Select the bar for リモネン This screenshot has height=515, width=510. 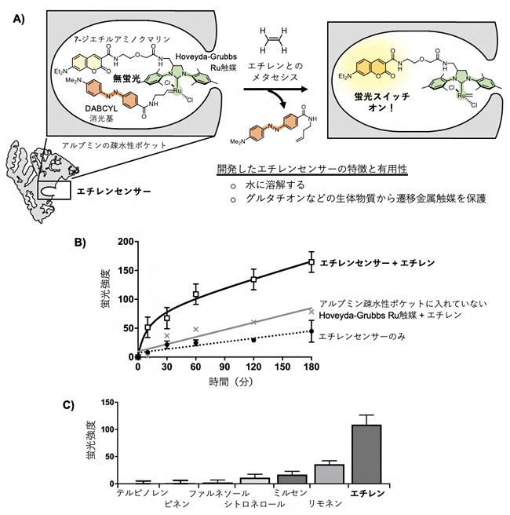pos(329,473)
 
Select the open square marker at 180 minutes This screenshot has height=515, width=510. pos(311,262)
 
